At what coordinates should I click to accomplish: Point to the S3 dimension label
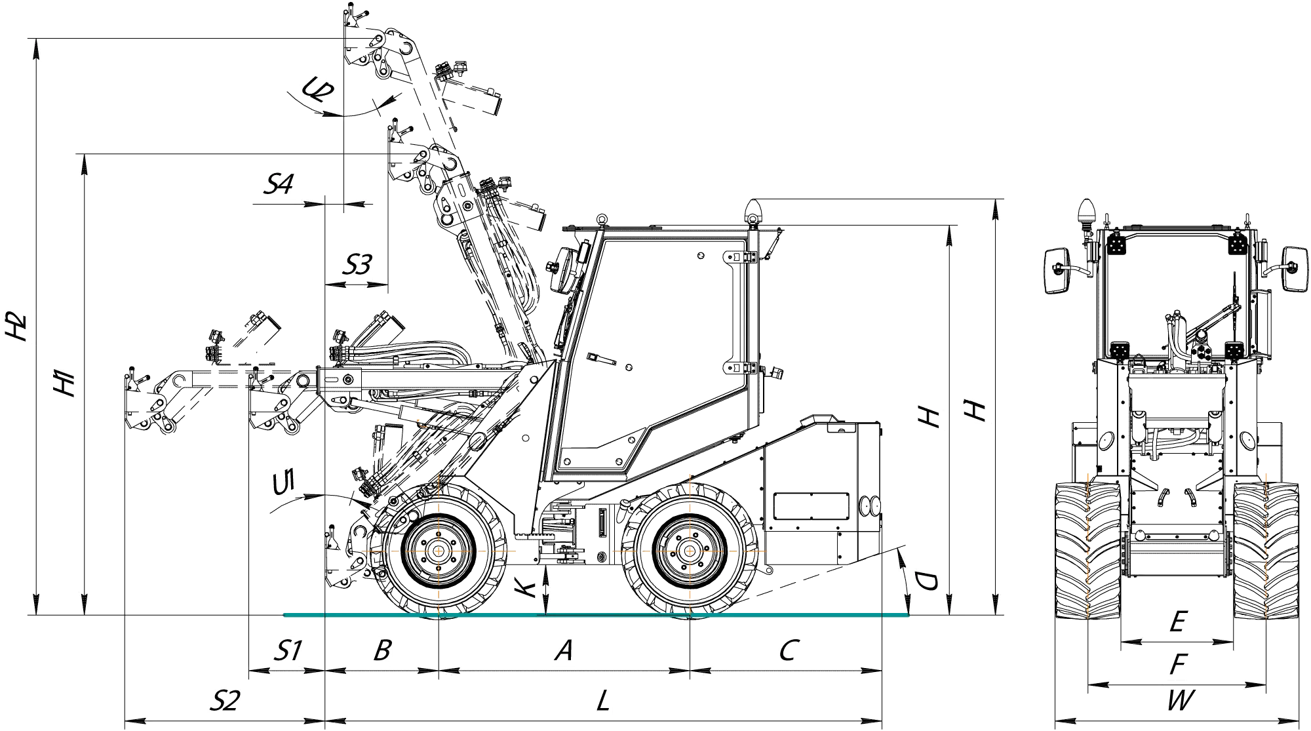coord(358,265)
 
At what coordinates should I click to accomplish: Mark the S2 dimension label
coord(225,701)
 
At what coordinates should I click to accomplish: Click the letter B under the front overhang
coord(382,650)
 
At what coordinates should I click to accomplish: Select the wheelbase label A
coord(564,650)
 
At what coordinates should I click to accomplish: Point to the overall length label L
coord(604,701)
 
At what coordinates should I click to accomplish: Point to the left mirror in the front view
coord(1057,270)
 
